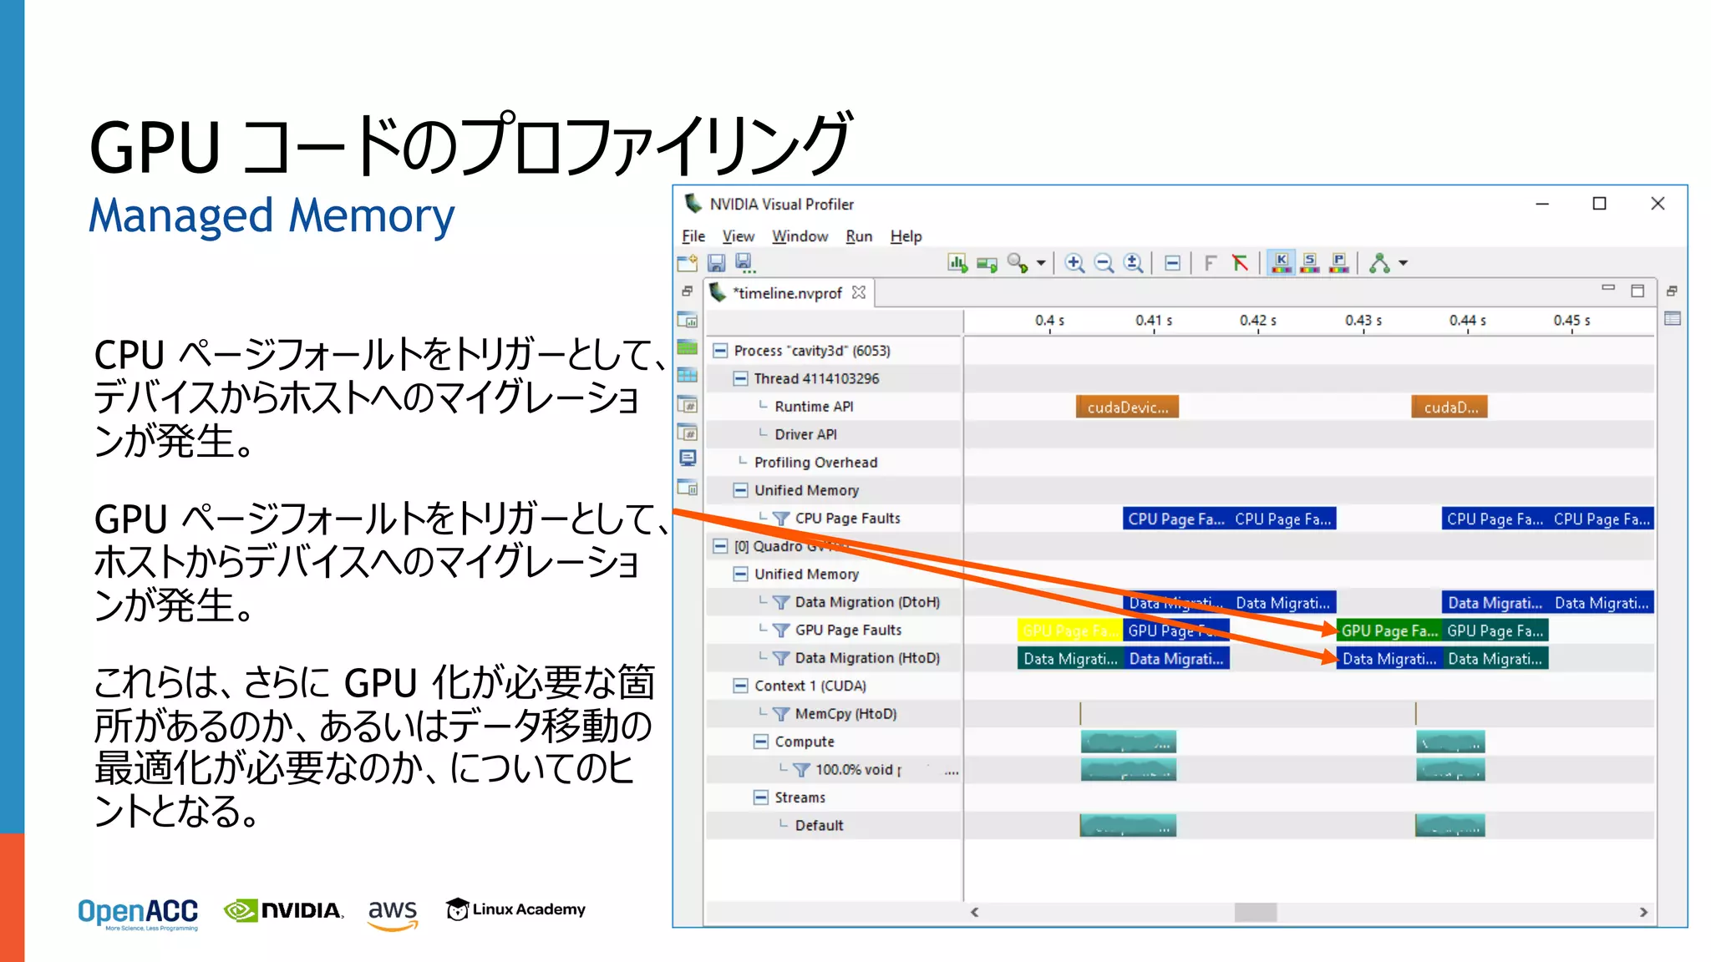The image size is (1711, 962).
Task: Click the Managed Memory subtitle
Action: pos(272,216)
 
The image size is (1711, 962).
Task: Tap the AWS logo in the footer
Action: pos(393,913)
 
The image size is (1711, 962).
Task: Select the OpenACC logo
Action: pos(138,914)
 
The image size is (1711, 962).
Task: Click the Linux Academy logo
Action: pos(515,909)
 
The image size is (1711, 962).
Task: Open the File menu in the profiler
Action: pos(693,236)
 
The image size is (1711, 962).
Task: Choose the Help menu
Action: pos(906,236)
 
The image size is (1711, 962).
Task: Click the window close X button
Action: pos(1658,204)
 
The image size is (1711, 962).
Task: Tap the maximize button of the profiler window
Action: pos(1599,204)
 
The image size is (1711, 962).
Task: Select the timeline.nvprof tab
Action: pos(788,293)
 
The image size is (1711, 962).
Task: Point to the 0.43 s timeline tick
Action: pos(1363,321)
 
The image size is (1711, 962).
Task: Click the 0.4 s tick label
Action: pos(1049,321)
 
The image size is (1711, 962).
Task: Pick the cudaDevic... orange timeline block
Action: pos(1127,408)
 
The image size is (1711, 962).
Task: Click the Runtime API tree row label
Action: pos(814,407)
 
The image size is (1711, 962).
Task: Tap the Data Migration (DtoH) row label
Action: pos(867,602)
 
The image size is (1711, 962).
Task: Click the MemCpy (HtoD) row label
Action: pos(845,714)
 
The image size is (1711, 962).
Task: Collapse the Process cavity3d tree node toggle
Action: pos(720,351)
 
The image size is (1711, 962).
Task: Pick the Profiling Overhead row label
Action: pos(815,463)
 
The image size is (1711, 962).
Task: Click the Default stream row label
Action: pos(819,826)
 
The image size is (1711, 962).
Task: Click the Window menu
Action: pos(800,236)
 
